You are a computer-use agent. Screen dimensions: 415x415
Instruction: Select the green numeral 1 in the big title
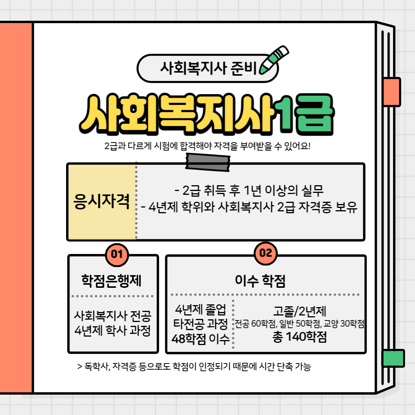287,115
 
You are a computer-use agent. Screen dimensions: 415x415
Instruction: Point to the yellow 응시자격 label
101,201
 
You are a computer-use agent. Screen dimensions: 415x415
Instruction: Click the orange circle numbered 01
116,254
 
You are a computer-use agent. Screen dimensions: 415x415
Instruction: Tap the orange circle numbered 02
266,253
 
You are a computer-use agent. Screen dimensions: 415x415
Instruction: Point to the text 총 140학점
299,337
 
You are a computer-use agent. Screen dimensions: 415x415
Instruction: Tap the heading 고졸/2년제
300,311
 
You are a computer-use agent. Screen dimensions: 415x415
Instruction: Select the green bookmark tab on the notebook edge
393,358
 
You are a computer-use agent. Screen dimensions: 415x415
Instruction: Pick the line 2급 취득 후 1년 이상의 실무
249,191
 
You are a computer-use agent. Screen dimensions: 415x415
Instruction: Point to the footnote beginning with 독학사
194,367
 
